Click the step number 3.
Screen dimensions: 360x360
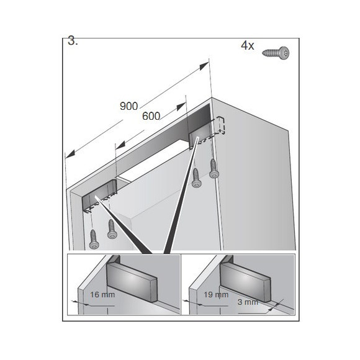pyautogui.click(x=73, y=42)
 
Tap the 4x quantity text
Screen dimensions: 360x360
pyautogui.click(x=248, y=45)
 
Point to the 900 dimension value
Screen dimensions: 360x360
pyautogui.click(x=128, y=106)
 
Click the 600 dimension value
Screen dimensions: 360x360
pyautogui.click(x=151, y=117)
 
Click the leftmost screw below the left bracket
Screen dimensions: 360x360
pyautogui.click(x=94, y=239)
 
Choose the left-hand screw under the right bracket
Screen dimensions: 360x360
pyautogui.click(x=197, y=179)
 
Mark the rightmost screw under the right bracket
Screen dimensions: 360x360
pyautogui.click(x=214, y=168)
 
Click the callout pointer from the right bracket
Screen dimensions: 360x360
pyautogui.click(x=181, y=199)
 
